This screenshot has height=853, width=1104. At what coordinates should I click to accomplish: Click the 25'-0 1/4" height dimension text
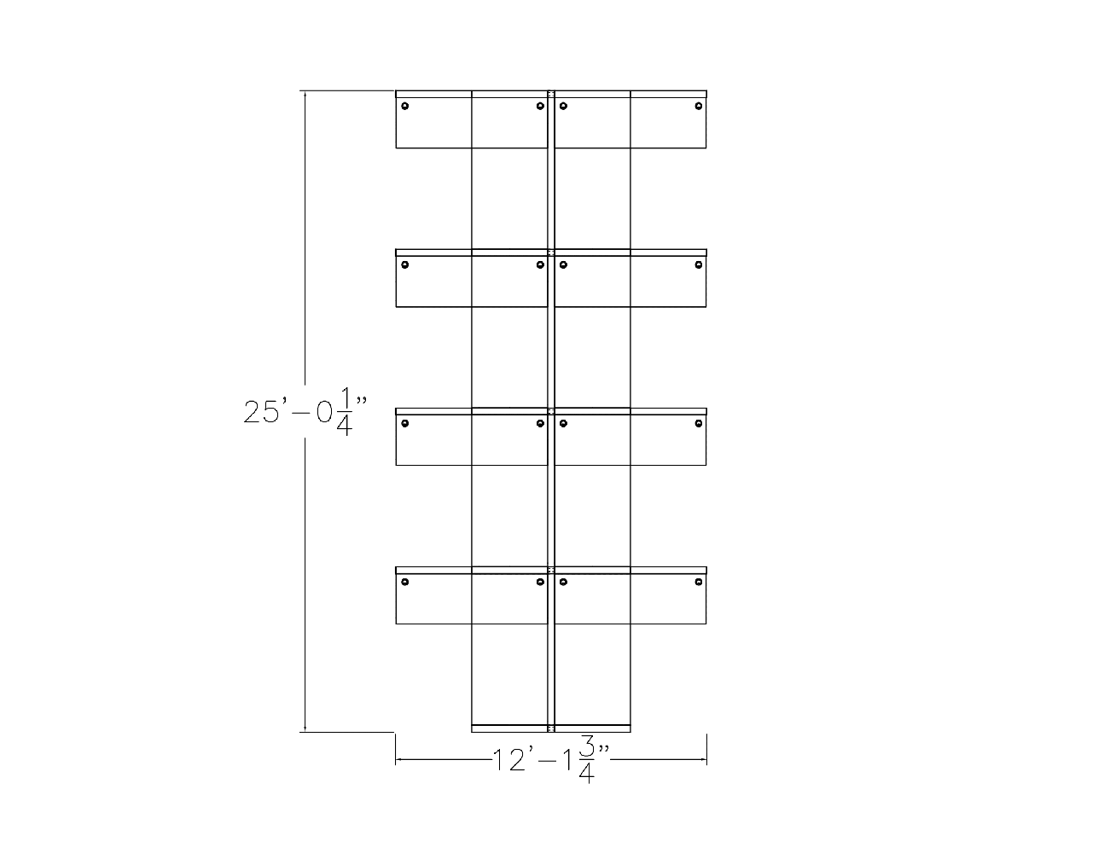[305, 412]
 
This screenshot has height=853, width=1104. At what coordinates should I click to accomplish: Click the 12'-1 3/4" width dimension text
[551, 759]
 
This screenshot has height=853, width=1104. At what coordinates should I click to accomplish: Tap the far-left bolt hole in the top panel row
[405, 106]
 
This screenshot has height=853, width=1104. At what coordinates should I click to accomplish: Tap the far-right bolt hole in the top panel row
[699, 106]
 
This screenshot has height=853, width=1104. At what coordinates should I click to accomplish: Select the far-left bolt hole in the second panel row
[405, 264]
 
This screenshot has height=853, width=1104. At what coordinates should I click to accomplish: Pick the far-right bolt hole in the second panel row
[699, 264]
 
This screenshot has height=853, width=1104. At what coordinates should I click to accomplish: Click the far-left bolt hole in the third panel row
[405, 423]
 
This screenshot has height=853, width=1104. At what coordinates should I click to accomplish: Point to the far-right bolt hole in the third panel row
[699, 423]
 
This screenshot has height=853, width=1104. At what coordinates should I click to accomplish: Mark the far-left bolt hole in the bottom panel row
[405, 582]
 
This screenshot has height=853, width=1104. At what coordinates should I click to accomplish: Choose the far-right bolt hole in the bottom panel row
[699, 582]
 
